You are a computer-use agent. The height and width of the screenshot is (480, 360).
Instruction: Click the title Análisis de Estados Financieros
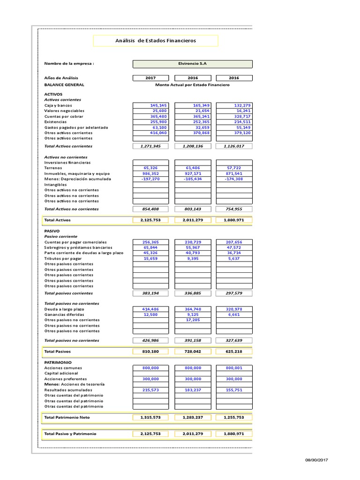(x=156, y=41)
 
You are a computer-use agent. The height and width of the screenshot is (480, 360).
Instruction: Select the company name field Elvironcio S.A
(x=193, y=64)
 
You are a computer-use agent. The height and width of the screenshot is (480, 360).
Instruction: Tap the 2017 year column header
(x=151, y=78)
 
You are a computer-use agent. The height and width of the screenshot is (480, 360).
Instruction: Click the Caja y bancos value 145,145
(x=151, y=105)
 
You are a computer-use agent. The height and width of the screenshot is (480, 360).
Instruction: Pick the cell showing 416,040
(x=151, y=133)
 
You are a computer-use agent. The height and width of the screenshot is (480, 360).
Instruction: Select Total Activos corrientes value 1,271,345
(x=151, y=146)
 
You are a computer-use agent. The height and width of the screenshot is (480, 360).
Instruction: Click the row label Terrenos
(x=52, y=167)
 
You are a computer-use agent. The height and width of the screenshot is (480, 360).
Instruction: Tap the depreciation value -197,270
(x=151, y=179)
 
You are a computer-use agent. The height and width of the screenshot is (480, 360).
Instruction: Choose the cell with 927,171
(x=193, y=173)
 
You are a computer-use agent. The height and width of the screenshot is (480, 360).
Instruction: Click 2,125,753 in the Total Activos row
(x=151, y=219)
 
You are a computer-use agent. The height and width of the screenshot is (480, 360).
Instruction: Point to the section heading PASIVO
(x=52, y=231)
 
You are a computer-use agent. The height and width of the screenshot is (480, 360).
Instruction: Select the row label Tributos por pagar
(x=63, y=258)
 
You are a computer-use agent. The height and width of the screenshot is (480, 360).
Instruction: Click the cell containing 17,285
(x=193, y=320)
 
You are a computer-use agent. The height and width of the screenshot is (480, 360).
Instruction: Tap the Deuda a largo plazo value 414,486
(x=151, y=309)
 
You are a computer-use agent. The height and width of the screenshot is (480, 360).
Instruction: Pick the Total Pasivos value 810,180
(x=151, y=351)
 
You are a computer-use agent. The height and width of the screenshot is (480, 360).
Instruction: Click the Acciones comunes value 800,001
(x=234, y=368)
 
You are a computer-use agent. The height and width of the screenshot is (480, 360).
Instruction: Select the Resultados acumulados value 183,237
(x=193, y=390)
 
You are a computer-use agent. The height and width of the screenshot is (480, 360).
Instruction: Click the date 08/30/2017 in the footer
(x=317, y=460)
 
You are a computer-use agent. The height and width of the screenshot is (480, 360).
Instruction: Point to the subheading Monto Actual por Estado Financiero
(x=193, y=85)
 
